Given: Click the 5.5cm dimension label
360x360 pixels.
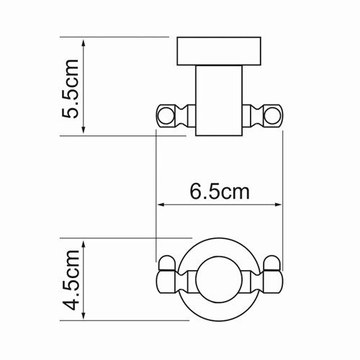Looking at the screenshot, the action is pyautogui.click(x=70, y=89).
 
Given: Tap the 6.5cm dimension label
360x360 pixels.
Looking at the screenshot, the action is pyautogui.click(x=220, y=192).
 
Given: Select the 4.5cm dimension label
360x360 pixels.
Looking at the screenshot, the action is pyautogui.click(x=71, y=280).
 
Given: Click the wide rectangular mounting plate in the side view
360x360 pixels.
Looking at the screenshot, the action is pyautogui.click(x=219, y=51).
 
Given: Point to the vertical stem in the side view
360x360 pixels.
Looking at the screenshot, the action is pyautogui.click(x=219, y=101).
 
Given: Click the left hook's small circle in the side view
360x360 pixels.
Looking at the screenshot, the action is pyautogui.click(x=166, y=116).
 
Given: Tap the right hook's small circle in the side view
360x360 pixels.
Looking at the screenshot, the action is pyautogui.click(x=273, y=116).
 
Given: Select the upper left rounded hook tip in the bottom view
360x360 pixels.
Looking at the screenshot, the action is pyautogui.click(x=166, y=264).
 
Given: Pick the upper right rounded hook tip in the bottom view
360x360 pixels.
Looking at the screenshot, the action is pyautogui.click(x=272, y=264).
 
